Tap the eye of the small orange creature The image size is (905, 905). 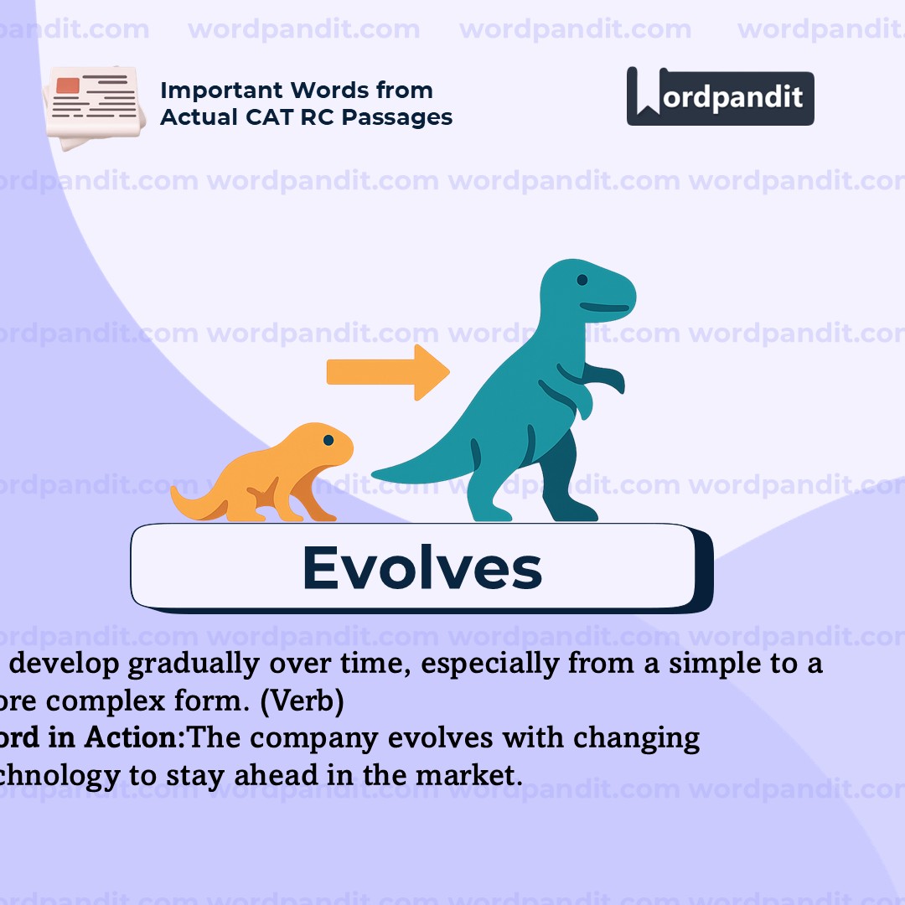[x=328, y=440]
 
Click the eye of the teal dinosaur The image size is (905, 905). [x=582, y=282]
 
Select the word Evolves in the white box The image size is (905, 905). [x=421, y=568]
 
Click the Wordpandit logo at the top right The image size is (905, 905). [x=720, y=96]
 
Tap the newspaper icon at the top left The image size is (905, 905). [x=90, y=107]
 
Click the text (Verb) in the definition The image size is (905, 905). [x=301, y=702]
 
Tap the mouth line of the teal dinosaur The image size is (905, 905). [x=604, y=308]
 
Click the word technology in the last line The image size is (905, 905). [x=59, y=776]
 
